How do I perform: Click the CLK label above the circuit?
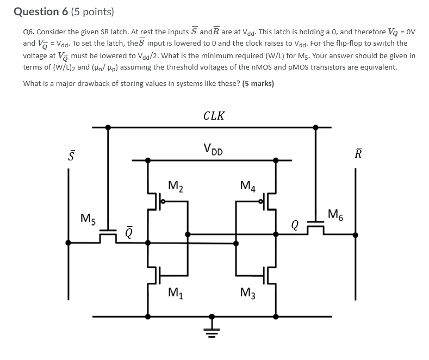[214, 116]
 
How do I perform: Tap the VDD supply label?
[213, 150]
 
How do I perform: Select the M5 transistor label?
[88, 219]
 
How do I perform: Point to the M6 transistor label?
[335, 214]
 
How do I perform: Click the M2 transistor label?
[176, 186]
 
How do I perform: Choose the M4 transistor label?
[248, 186]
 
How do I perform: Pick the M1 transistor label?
[176, 293]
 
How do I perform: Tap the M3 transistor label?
[248, 293]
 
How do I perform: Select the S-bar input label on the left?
[71, 155]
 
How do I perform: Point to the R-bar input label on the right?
[358, 153]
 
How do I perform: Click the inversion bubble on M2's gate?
[163, 202]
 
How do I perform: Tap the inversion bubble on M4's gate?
[261, 202]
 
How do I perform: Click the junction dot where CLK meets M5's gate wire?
[108, 127]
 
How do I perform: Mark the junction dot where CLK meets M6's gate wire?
[315, 127]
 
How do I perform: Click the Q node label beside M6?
[295, 226]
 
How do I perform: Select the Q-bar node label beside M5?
[129, 232]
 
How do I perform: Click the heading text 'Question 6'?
[41, 12]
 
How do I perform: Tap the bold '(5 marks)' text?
[258, 83]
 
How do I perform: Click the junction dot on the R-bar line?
[356, 235]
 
